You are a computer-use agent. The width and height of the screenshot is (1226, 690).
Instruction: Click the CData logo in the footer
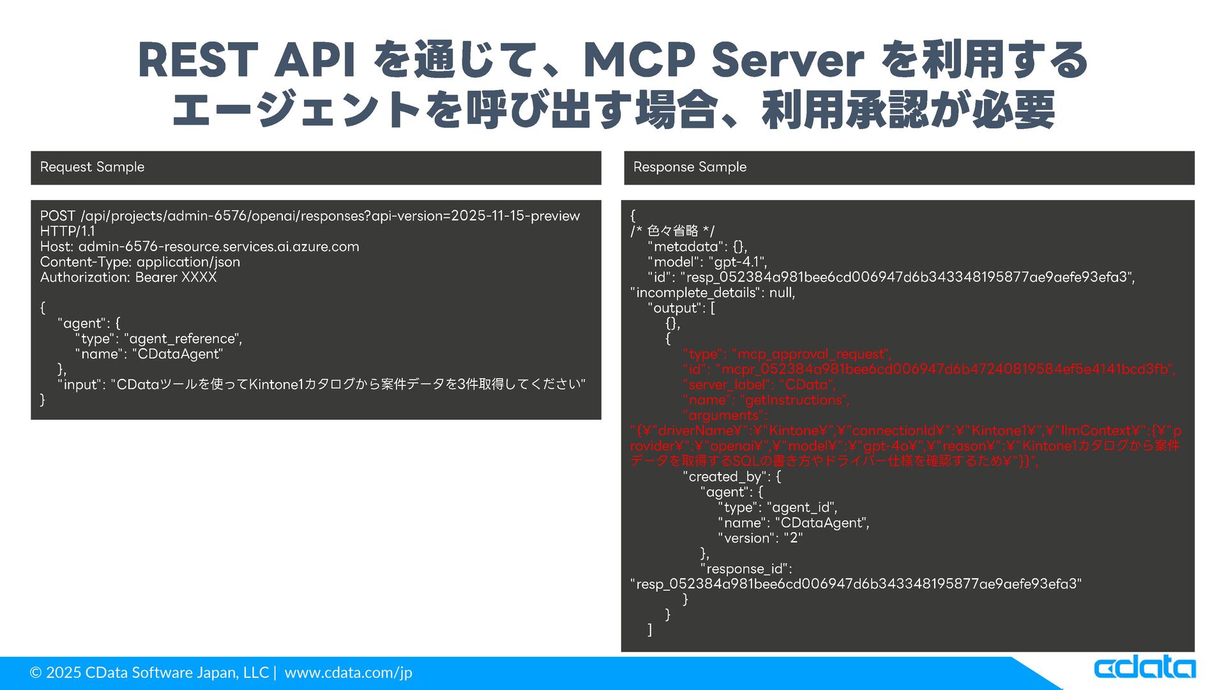[x=1144, y=668]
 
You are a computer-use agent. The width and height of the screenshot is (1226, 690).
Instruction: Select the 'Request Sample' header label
[x=92, y=167]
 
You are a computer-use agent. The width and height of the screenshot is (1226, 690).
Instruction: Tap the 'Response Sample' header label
[x=690, y=167]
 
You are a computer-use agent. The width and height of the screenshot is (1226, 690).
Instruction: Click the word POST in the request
[x=57, y=216]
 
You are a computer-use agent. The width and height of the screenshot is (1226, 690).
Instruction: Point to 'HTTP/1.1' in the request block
[x=67, y=231]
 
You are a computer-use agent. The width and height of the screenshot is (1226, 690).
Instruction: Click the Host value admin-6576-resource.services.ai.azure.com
[x=218, y=247]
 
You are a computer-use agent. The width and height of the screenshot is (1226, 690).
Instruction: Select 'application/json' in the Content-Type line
[x=188, y=262]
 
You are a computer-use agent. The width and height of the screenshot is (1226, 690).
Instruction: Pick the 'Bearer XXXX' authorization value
[x=176, y=277]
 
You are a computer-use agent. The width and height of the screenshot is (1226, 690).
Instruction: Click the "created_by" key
[x=725, y=477]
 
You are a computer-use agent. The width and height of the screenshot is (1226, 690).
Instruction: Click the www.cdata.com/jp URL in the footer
[x=348, y=673]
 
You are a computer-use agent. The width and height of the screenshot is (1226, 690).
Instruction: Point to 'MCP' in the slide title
[x=639, y=61]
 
